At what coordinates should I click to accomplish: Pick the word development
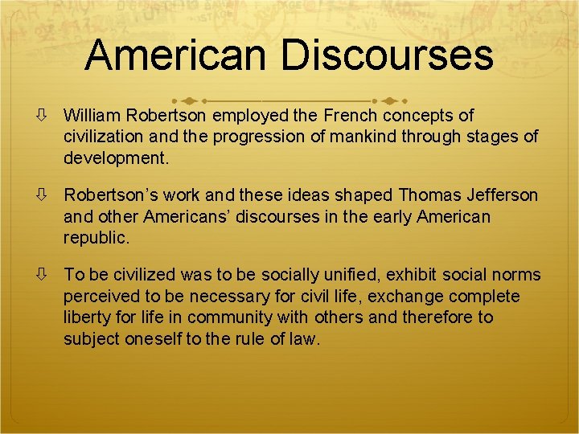117,158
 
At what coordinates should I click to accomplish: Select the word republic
96,237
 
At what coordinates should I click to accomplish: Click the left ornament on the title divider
188,102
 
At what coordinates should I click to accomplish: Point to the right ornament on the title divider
390,102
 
